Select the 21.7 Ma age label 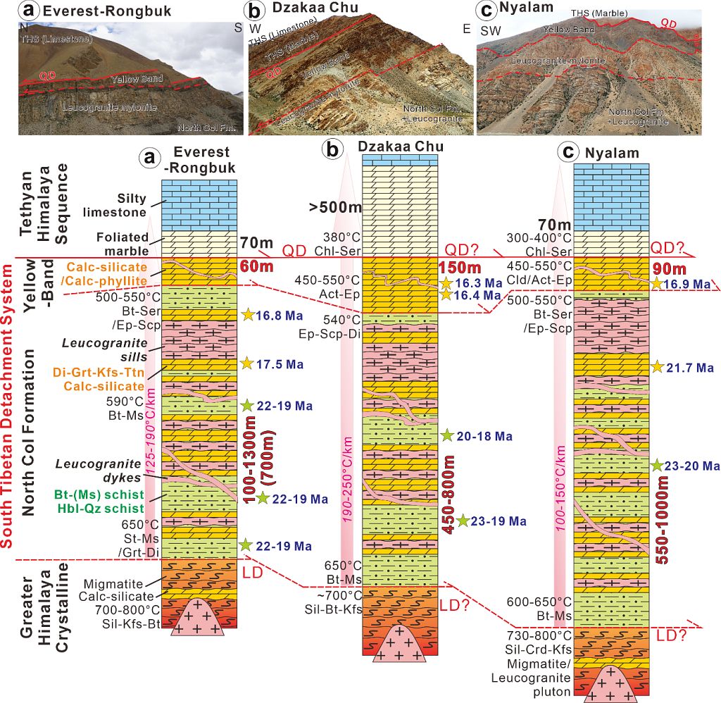click(x=691, y=367)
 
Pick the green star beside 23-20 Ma click(x=656, y=466)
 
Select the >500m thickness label click(x=335, y=208)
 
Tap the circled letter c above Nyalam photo click(x=486, y=11)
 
